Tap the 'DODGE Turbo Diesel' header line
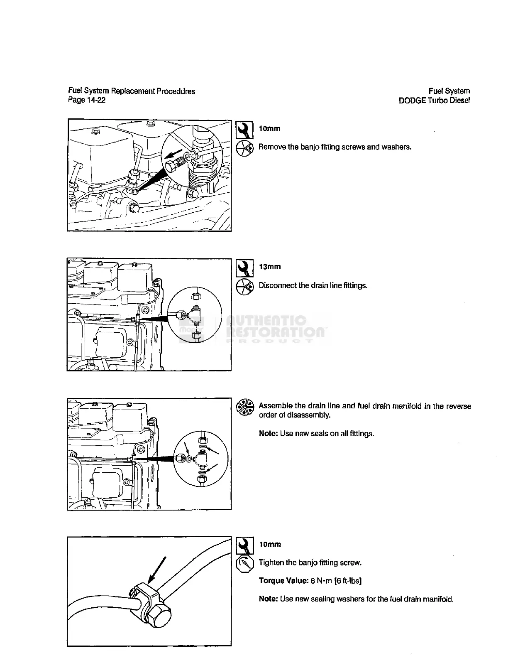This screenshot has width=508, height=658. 434,100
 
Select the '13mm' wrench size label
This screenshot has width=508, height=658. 270,267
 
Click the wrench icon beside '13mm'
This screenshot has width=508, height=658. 244,268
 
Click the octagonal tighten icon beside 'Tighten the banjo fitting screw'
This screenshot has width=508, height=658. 244,564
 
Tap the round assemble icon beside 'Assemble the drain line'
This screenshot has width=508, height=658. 244,407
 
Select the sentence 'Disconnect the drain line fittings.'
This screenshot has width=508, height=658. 313,285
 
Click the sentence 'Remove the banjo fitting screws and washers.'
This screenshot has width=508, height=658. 335,147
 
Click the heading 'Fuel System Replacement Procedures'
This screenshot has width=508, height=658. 132,91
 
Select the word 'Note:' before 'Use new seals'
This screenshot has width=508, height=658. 268,433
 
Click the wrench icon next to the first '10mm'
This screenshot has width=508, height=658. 244,130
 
